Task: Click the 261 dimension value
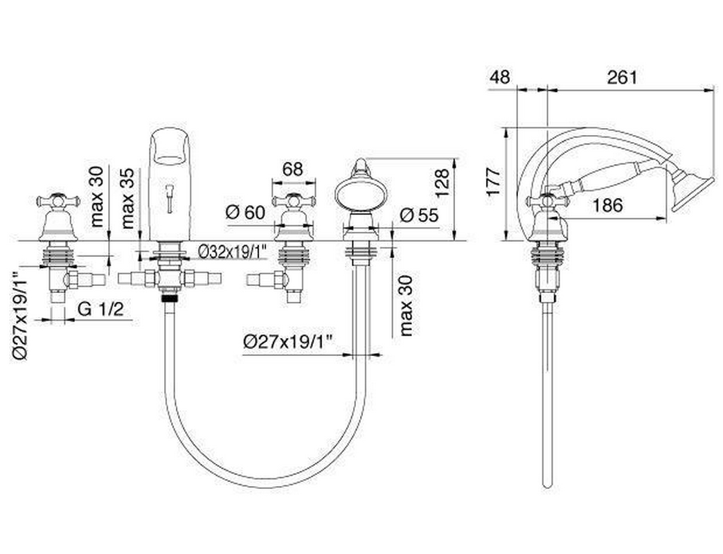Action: point(622,77)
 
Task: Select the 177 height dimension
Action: point(494,183)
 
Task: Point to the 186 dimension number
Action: point(607,205)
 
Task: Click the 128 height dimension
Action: point(442,184)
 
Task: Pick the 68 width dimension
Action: point(293,169)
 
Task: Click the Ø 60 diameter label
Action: point(245,213)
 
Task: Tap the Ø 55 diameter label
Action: point(419,215)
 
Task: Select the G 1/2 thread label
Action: point(100,309)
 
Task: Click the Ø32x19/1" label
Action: point(233,252)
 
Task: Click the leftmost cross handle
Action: point(58,201)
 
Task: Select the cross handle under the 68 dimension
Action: point(294,201)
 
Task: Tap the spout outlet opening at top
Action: point(170,147)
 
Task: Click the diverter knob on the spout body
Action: point(170,198)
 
